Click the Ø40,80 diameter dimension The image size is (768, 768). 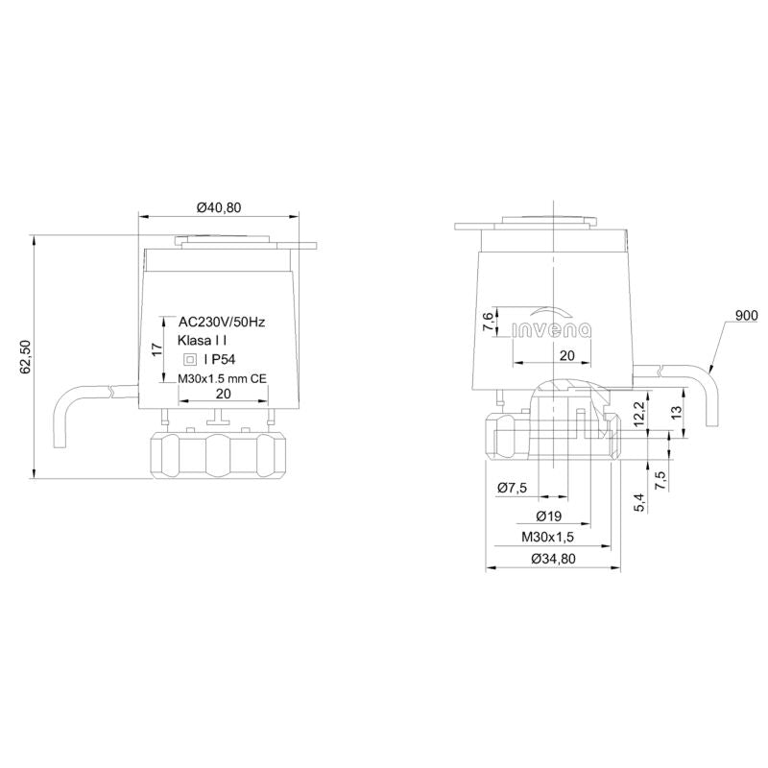tap(219, 207)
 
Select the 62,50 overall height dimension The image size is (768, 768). tap(26, 357)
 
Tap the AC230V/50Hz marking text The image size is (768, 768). tap(222, 323)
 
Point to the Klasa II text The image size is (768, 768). tap(202, 341)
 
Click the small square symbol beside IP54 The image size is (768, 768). tap(189, 359)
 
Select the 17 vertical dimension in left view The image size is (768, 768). tap(156, 349)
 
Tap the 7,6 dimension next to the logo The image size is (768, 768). tap(489, 322)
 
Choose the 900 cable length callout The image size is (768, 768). tap(747, 316)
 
